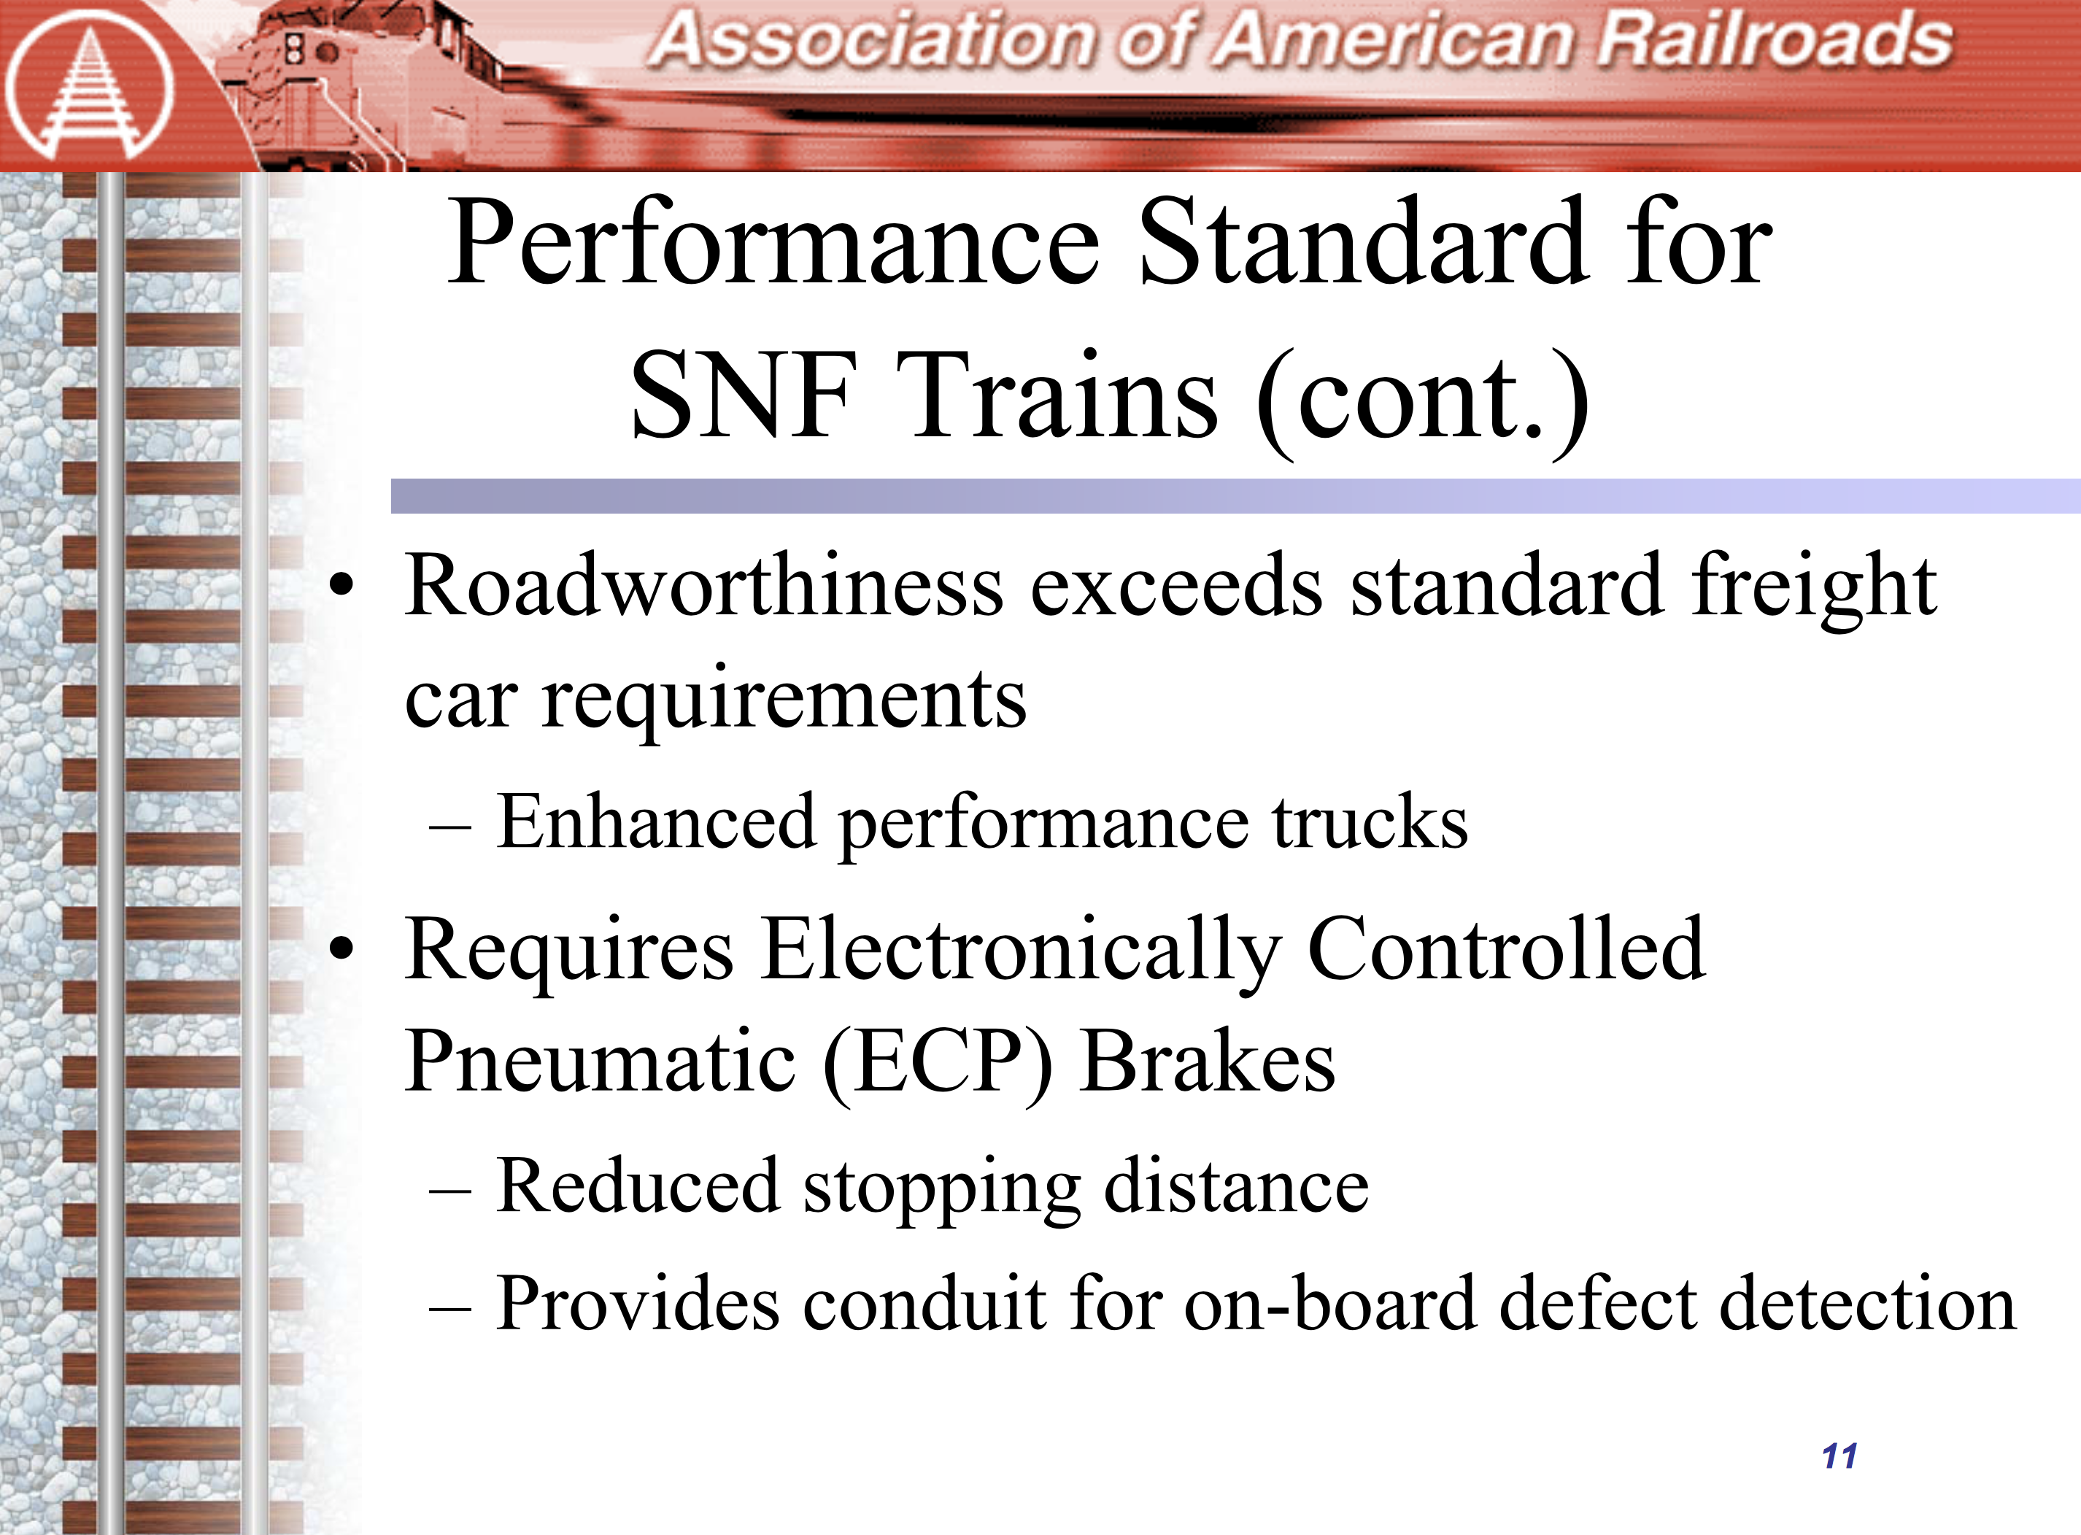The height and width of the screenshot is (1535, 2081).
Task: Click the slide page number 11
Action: (1839, 1456)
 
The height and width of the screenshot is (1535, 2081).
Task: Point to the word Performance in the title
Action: (773, 244)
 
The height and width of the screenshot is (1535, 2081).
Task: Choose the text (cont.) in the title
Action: (1422, 401)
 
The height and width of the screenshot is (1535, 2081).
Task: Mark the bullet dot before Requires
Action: (342, 950)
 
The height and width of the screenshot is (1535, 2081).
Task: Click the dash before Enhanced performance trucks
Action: (452, 826)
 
